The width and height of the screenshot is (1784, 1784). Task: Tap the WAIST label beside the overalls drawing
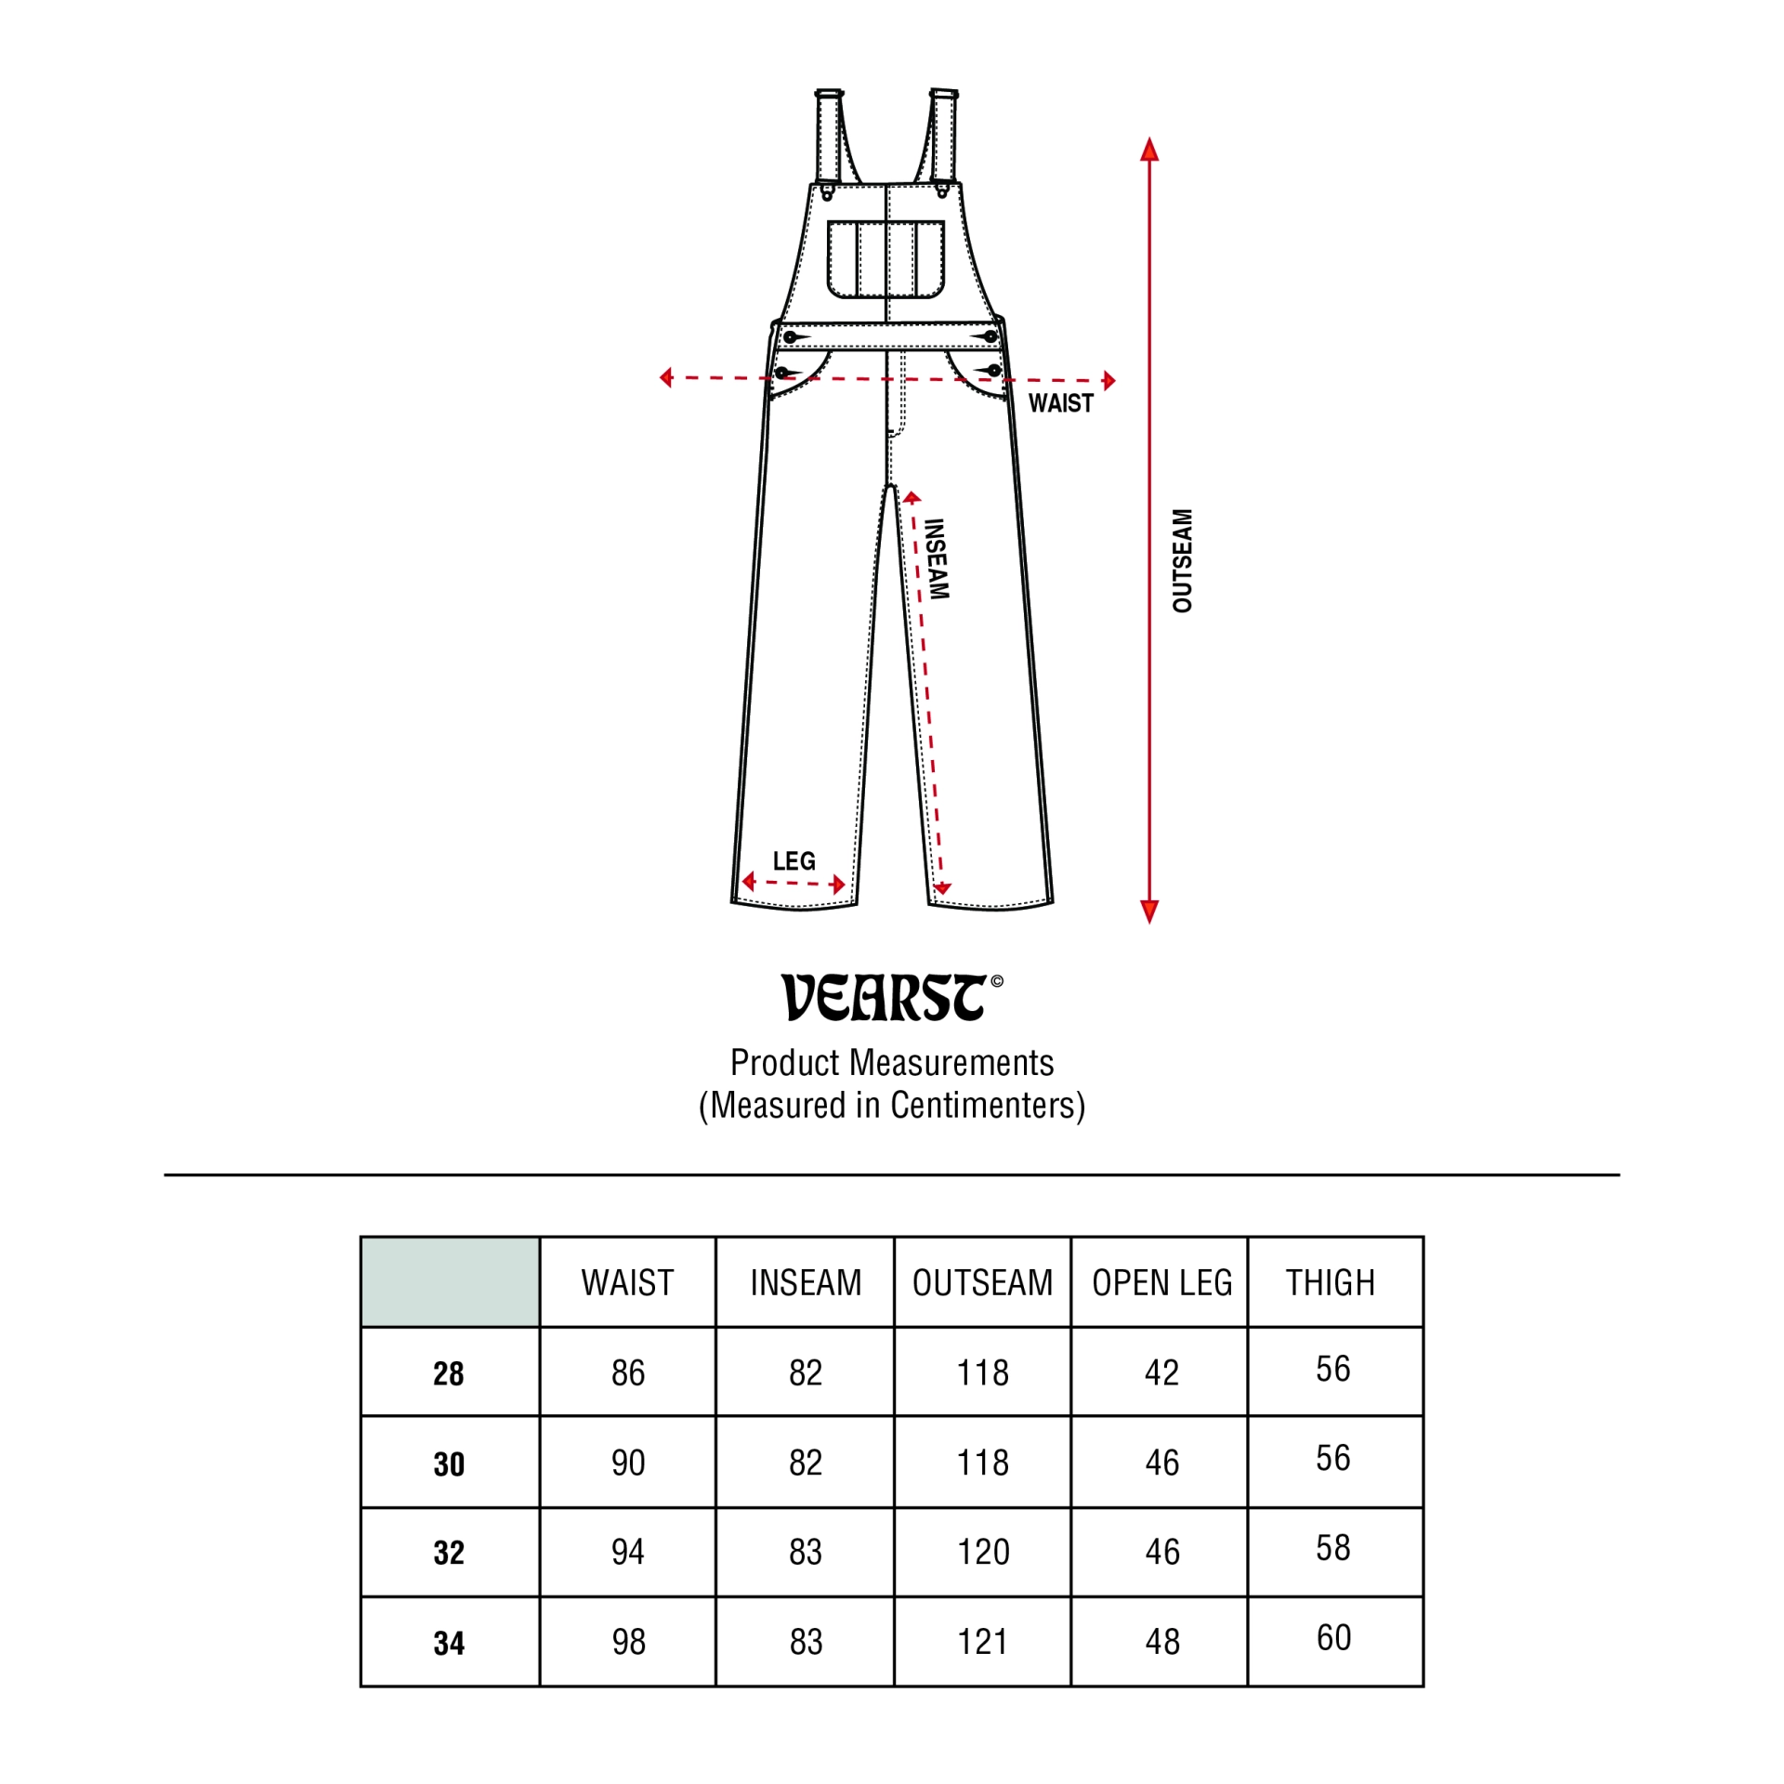(1060, 403)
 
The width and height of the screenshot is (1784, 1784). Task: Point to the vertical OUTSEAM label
(1182, 560)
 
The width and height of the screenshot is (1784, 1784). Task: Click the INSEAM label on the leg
(937, 559)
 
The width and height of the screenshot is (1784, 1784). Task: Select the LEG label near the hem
(794, 860)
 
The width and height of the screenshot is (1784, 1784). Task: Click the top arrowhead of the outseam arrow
(1149, 149)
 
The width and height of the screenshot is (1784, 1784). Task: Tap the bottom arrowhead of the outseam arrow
(1149, 912)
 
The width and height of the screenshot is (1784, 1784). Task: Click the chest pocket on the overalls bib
(885, 259)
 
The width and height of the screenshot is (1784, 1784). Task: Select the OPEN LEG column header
(1161, 1283)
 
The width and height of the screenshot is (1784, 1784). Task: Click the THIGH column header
(1330, 1283)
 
